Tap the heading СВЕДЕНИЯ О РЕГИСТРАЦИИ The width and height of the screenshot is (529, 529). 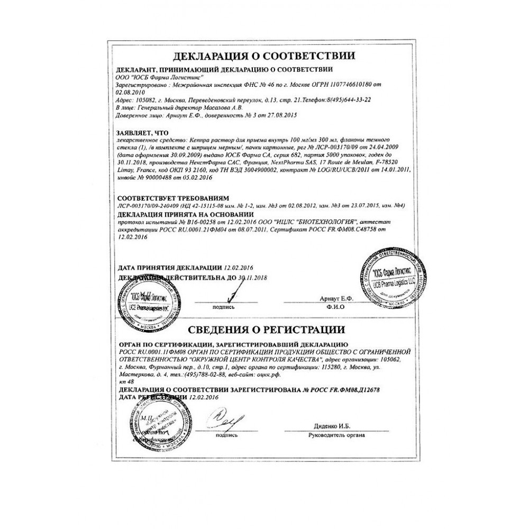264,331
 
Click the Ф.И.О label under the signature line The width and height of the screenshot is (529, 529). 336,307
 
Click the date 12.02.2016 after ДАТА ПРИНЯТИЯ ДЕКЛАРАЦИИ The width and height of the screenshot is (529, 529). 239,268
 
